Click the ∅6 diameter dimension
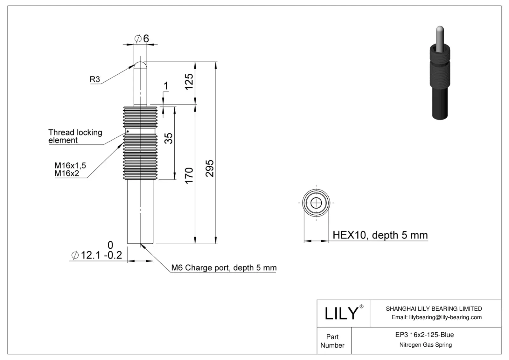coord(142,38)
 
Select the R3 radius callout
coord(95,79)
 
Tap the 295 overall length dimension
coord(209,168)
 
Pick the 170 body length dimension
coord(189,175)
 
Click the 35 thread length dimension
coord(169,138)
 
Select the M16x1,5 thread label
coord(70,165)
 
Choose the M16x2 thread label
coord(66,173)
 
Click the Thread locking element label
coord(75,136)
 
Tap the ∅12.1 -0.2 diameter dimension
coord(97,255)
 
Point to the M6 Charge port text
coord(224,268)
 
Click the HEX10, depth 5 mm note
coord(380,235)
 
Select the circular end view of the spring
coord(316,203)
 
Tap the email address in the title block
coord(436,317)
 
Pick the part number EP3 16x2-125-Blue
coord(424,335)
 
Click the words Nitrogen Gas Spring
coord(425,345)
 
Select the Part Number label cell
coord(332,341)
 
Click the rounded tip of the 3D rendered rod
coord(440,29)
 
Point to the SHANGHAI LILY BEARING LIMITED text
coord(434,308)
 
